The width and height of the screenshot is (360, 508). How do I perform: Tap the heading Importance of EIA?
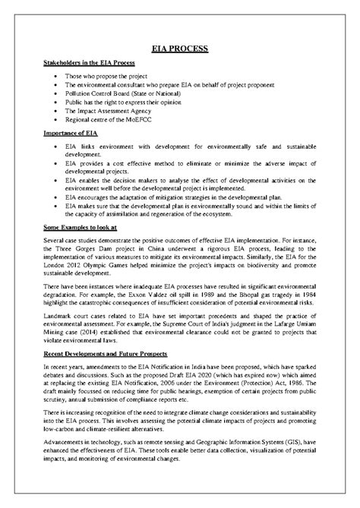click(70, 132)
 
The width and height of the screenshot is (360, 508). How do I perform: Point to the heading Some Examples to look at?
click(82, 227)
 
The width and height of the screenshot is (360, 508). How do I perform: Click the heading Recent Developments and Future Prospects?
click(106, 354)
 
